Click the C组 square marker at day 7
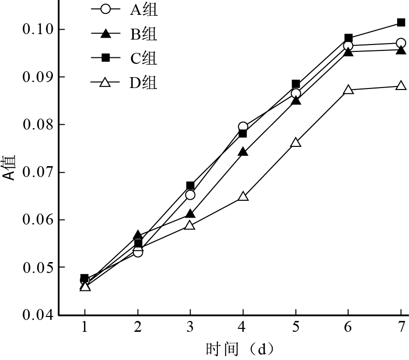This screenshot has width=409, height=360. point(401,23)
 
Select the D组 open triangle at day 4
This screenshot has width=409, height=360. point(243,196)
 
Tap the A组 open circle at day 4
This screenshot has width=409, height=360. point(243,127)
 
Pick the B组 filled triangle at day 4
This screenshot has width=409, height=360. point(243,152)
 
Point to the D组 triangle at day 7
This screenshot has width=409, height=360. point(401,86)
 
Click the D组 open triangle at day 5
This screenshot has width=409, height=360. point(296,142)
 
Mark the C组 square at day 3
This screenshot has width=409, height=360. point(190,185)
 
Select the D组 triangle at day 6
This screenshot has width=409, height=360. point(348,90)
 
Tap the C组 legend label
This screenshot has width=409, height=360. point(144,58)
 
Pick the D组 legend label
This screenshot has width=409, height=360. point(144,83)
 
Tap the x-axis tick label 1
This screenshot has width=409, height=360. point(85,327)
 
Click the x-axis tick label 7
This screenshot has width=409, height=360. point(401,327)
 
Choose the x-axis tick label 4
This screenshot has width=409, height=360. point(243,327)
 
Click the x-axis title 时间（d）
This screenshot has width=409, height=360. point(240,349)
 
